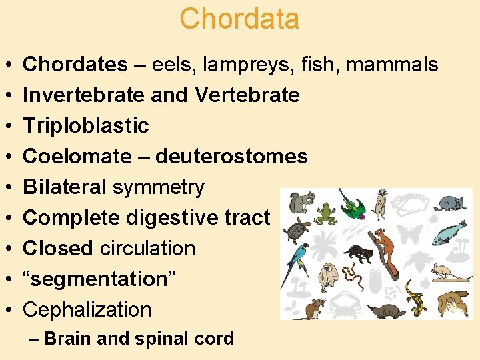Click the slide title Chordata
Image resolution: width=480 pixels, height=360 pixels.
coord(239,19)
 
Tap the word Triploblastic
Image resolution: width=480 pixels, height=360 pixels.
coord(86,125)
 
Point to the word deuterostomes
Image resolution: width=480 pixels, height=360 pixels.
coord(231,156)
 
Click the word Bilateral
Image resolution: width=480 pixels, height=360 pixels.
coord(65,187)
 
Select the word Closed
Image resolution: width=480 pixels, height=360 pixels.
coord(58,248)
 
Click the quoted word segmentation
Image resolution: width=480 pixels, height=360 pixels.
coord(100,279)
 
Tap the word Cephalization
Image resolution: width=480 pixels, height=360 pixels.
coord(87,309)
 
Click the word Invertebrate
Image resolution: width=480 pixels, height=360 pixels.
coord(85,95)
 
